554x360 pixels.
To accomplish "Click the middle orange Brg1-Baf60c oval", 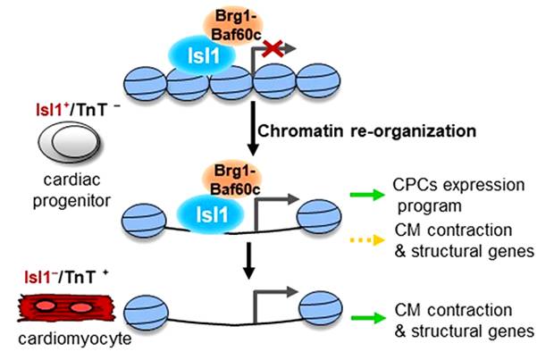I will (x=231, y=182).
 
